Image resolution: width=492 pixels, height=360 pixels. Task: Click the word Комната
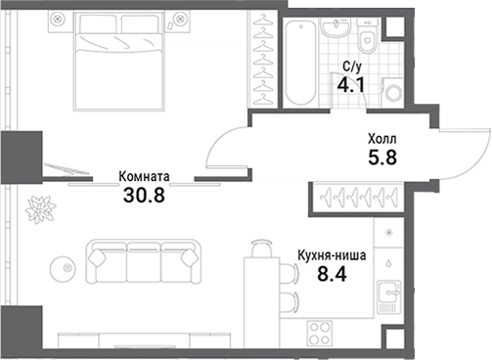click(x=144, y=177)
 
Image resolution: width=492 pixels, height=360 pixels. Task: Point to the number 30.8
click(x=144, y=195)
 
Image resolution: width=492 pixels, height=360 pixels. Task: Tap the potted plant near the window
click(x=41, y=206)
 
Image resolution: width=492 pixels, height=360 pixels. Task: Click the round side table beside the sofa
click(x=63, y=264)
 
